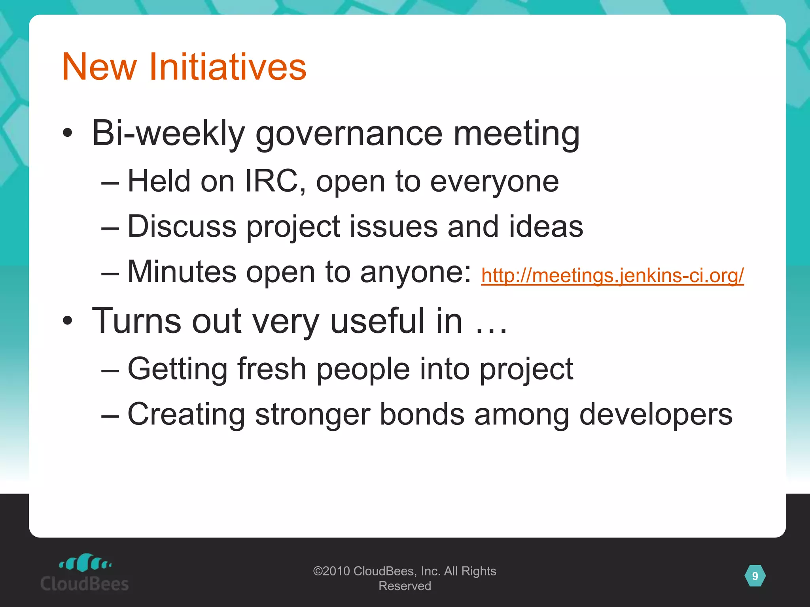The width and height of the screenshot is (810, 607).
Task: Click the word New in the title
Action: point(99,67)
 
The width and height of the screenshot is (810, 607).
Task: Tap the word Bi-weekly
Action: point(168,134)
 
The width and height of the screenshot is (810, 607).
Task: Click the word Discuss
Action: point(182,226)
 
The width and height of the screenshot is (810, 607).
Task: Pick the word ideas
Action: point(546,226)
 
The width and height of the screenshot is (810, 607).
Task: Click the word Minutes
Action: point(182,272)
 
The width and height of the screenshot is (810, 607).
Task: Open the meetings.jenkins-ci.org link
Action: point(612,275)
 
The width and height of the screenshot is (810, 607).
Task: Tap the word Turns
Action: point(137,321)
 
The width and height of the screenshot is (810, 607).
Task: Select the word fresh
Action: point(272,369)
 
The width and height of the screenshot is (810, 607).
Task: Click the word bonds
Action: point(422,414)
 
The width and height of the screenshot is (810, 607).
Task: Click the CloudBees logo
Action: point(85,573)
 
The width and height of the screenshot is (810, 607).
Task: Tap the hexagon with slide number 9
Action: point(755,576)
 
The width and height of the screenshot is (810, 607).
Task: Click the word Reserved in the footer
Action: point(405,586)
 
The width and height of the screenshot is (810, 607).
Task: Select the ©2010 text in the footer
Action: point(331,571)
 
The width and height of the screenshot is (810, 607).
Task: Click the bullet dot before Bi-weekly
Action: point(68,134)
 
